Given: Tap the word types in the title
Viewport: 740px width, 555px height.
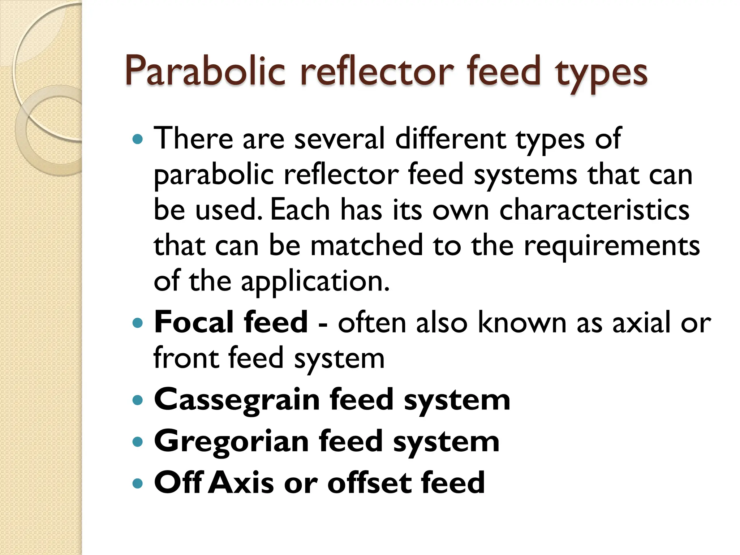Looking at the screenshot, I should pos(601,74).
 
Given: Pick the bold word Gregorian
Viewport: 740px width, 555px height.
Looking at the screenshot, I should pos(231,442).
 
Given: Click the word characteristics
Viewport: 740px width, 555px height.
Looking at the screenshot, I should pos(594,210).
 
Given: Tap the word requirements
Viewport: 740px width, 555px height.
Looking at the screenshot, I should pos(612,246).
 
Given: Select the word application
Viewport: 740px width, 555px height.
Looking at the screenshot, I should pos(315,282).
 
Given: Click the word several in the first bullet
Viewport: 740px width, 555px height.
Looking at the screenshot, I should pos(339,139).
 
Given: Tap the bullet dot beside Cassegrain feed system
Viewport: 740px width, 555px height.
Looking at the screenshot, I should pos(138,400).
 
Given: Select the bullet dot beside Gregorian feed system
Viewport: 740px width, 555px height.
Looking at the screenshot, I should pos(138,442).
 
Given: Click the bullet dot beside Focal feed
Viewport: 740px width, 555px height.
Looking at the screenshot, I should pos(138,323).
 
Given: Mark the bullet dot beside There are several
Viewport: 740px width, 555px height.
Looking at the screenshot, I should pos(138,139).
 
